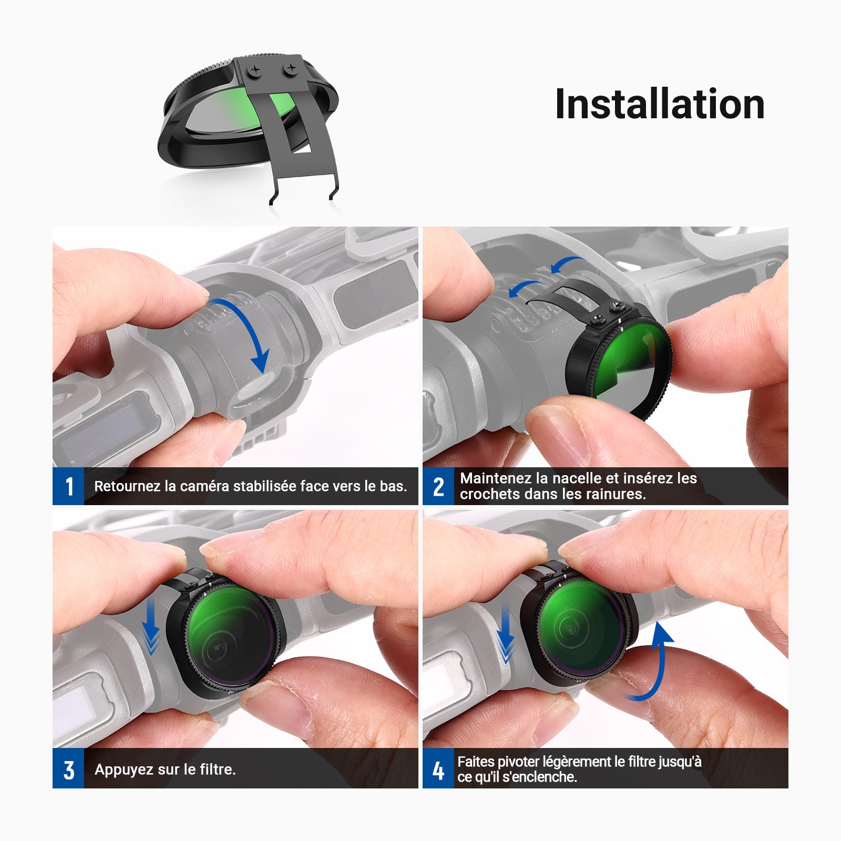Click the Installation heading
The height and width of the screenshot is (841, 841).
(660, 105)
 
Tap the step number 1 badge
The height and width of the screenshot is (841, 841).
(68, 486)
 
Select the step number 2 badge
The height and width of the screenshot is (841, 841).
(438, 486)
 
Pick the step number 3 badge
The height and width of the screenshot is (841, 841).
(68, 770)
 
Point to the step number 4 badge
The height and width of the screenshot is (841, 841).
(438, 770)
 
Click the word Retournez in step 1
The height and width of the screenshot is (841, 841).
(127, 486)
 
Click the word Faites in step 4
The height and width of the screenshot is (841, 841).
(476, 762)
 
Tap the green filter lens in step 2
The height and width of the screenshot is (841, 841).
(625, 363)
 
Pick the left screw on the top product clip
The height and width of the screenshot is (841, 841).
(255, 70)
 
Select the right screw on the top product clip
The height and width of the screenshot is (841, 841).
(290, 68)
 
